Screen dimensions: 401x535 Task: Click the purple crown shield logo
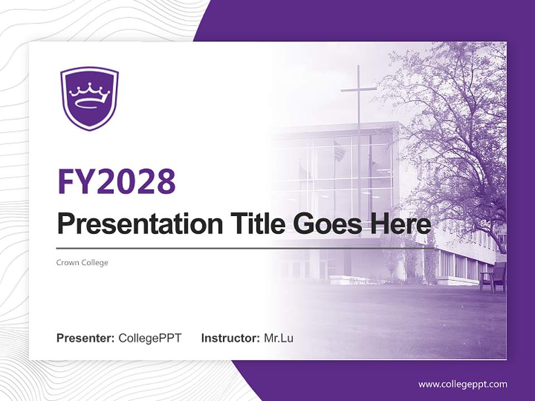[x=90, y=98]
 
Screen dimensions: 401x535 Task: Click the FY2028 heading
[x=116, y=181]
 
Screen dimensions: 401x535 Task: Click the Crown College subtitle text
[x=82, y=262]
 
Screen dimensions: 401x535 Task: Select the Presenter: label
[x=86, y=338]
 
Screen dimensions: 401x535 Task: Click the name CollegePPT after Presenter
[x=150, y=338]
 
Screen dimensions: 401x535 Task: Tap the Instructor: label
[x=230, y=338]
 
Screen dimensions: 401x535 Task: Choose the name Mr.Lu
[x=279, y=338]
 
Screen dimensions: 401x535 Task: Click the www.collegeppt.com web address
[x=463, y=384]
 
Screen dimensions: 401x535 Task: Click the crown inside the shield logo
[x=90, y=95]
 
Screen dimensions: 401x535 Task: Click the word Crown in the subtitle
[x=67, y=262]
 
